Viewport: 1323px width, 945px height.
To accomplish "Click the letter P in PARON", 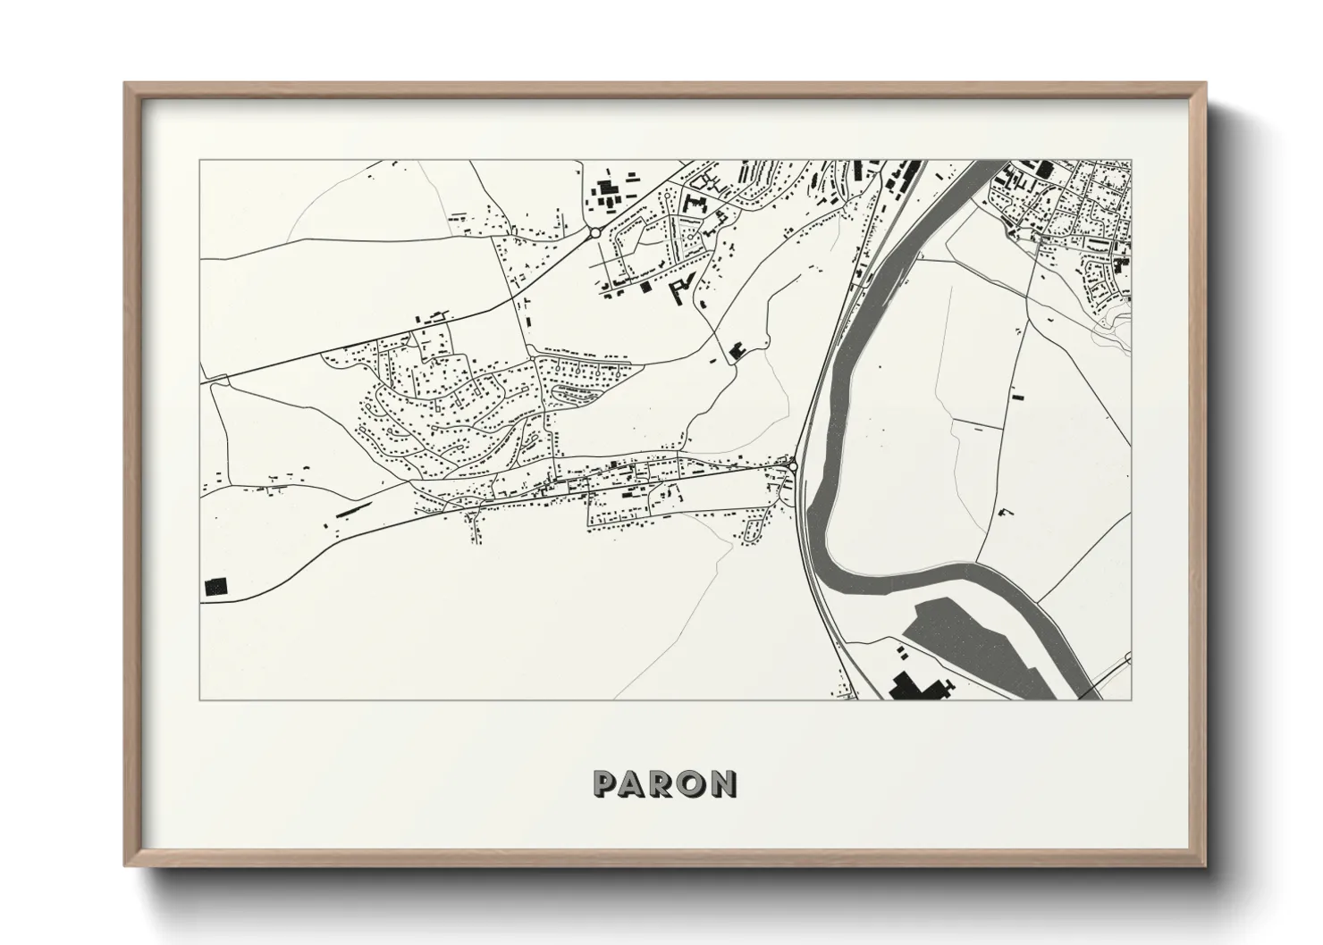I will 605,783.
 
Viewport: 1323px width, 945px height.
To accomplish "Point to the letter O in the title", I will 692,783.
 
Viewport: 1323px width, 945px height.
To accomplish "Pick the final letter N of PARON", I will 723,783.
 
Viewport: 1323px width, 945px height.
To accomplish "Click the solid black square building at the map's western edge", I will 216,586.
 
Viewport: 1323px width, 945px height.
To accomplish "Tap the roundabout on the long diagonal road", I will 594,233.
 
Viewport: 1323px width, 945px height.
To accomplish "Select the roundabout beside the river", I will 793,465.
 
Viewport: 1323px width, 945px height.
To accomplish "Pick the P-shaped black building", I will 682,289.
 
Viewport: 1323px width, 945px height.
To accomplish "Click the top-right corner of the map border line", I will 1130,161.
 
